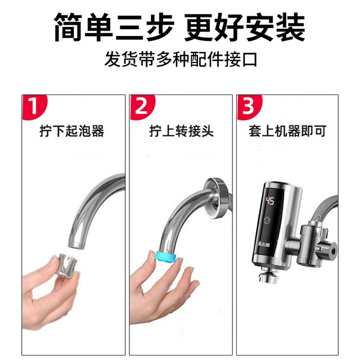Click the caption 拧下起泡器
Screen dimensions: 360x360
(72, 132)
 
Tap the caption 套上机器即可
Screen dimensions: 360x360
(287, 132)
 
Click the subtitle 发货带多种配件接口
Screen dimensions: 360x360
(180, 59)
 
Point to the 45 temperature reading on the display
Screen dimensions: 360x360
(270, 200)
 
